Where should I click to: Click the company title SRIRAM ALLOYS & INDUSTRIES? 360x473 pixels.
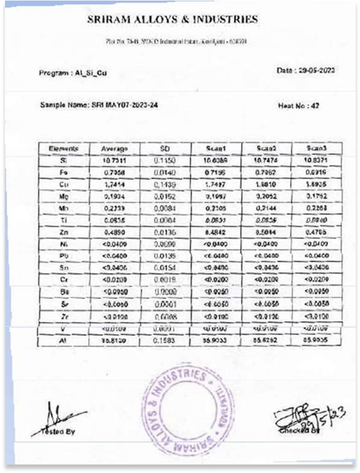pos(172,20)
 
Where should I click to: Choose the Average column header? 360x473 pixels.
pos(114,148)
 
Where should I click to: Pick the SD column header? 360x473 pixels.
pos(165,148)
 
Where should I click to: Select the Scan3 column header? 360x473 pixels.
pos(317,148)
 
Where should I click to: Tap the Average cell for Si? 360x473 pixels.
pos(114,160)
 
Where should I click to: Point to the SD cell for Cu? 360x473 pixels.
pos(165,184)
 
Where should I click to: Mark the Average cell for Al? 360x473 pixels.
pos(114,340)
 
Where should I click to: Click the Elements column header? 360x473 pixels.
pos(63,148)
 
